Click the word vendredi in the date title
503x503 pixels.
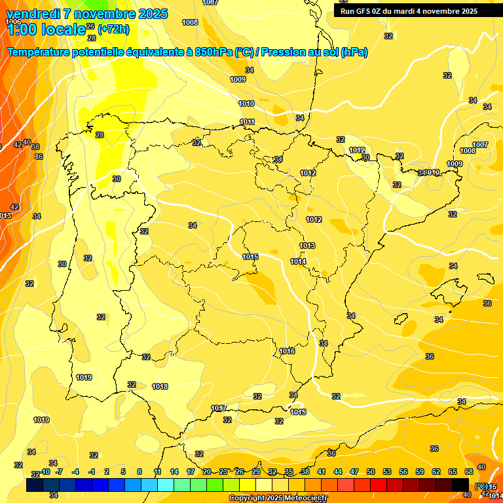[x=33, y=14]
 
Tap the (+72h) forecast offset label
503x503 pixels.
[x=113, y=29]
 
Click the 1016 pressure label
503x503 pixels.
[x=287, y=352]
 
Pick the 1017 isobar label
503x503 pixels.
[x=219, y=408]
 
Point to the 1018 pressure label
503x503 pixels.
[x=160, y=387]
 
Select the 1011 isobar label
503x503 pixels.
[x=247, y=122]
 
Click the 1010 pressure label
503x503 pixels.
[x=246, y=103]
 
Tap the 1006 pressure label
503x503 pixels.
[x=13, y=22]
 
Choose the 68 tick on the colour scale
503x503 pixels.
[x=469, y=472]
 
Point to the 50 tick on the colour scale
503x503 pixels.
[x=371, y=472]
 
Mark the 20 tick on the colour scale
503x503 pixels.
[x=207, y=472]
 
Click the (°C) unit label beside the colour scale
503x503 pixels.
[x=481, y=486]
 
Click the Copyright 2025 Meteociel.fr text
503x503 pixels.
[x=278, y=498]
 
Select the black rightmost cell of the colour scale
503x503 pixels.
[x=460, y=485]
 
